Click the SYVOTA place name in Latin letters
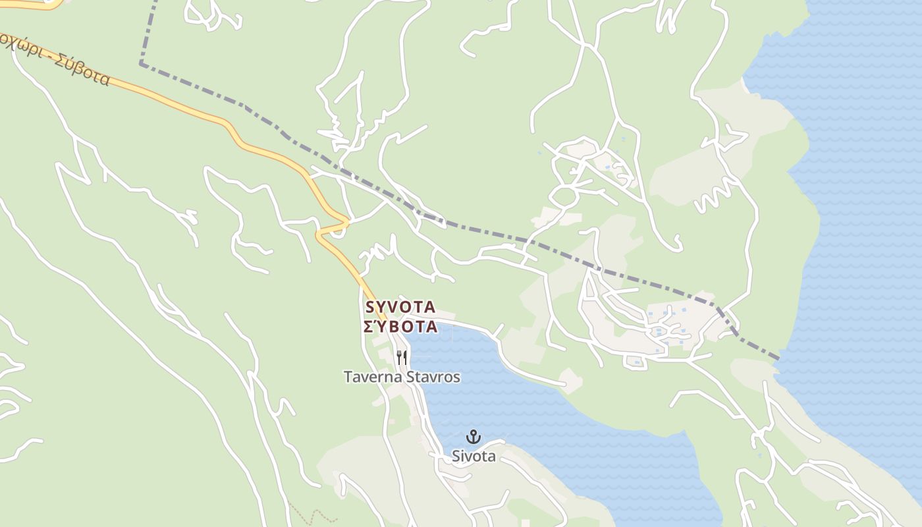pyautogui.click(x=400, y=307)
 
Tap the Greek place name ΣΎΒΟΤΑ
pyautogui.click(x=400, y=327)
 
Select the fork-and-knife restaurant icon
pyautogui.click(x=402, y=358)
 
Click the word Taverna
pyautogui.click(x=370, y=377)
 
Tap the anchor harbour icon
pyautogui.click(x=473, y=436)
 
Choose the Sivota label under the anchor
pyautogui.click(x=473, y=456)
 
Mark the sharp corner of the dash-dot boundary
pyautogui.click(x=141, y=64)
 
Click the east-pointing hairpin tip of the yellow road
pyautogui.click(x=348, y=221)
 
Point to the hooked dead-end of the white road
pyautogui.click(x=675, y=245)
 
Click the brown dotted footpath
pyautogui.click(x=310, y=513)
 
